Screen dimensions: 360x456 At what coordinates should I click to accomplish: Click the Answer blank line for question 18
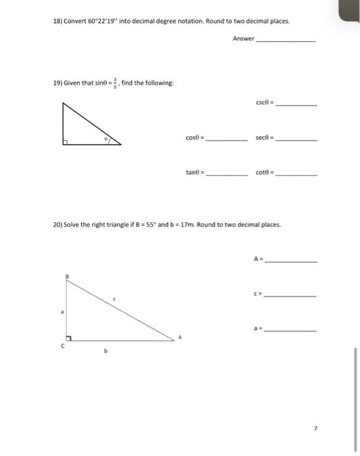click(x=287, y=40)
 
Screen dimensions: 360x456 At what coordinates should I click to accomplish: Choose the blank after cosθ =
click(x=227, y=139)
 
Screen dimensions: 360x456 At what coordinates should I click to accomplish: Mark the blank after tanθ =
click(x=227, y=173)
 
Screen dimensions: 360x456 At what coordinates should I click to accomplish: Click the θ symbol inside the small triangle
click(x=104, y=139)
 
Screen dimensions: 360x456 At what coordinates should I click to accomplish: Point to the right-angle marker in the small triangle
click(x=66, y=140)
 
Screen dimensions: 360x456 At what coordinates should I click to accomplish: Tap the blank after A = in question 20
click(x=292, y=261)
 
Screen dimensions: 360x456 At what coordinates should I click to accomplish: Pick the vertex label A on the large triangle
click(x=181, y=337)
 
